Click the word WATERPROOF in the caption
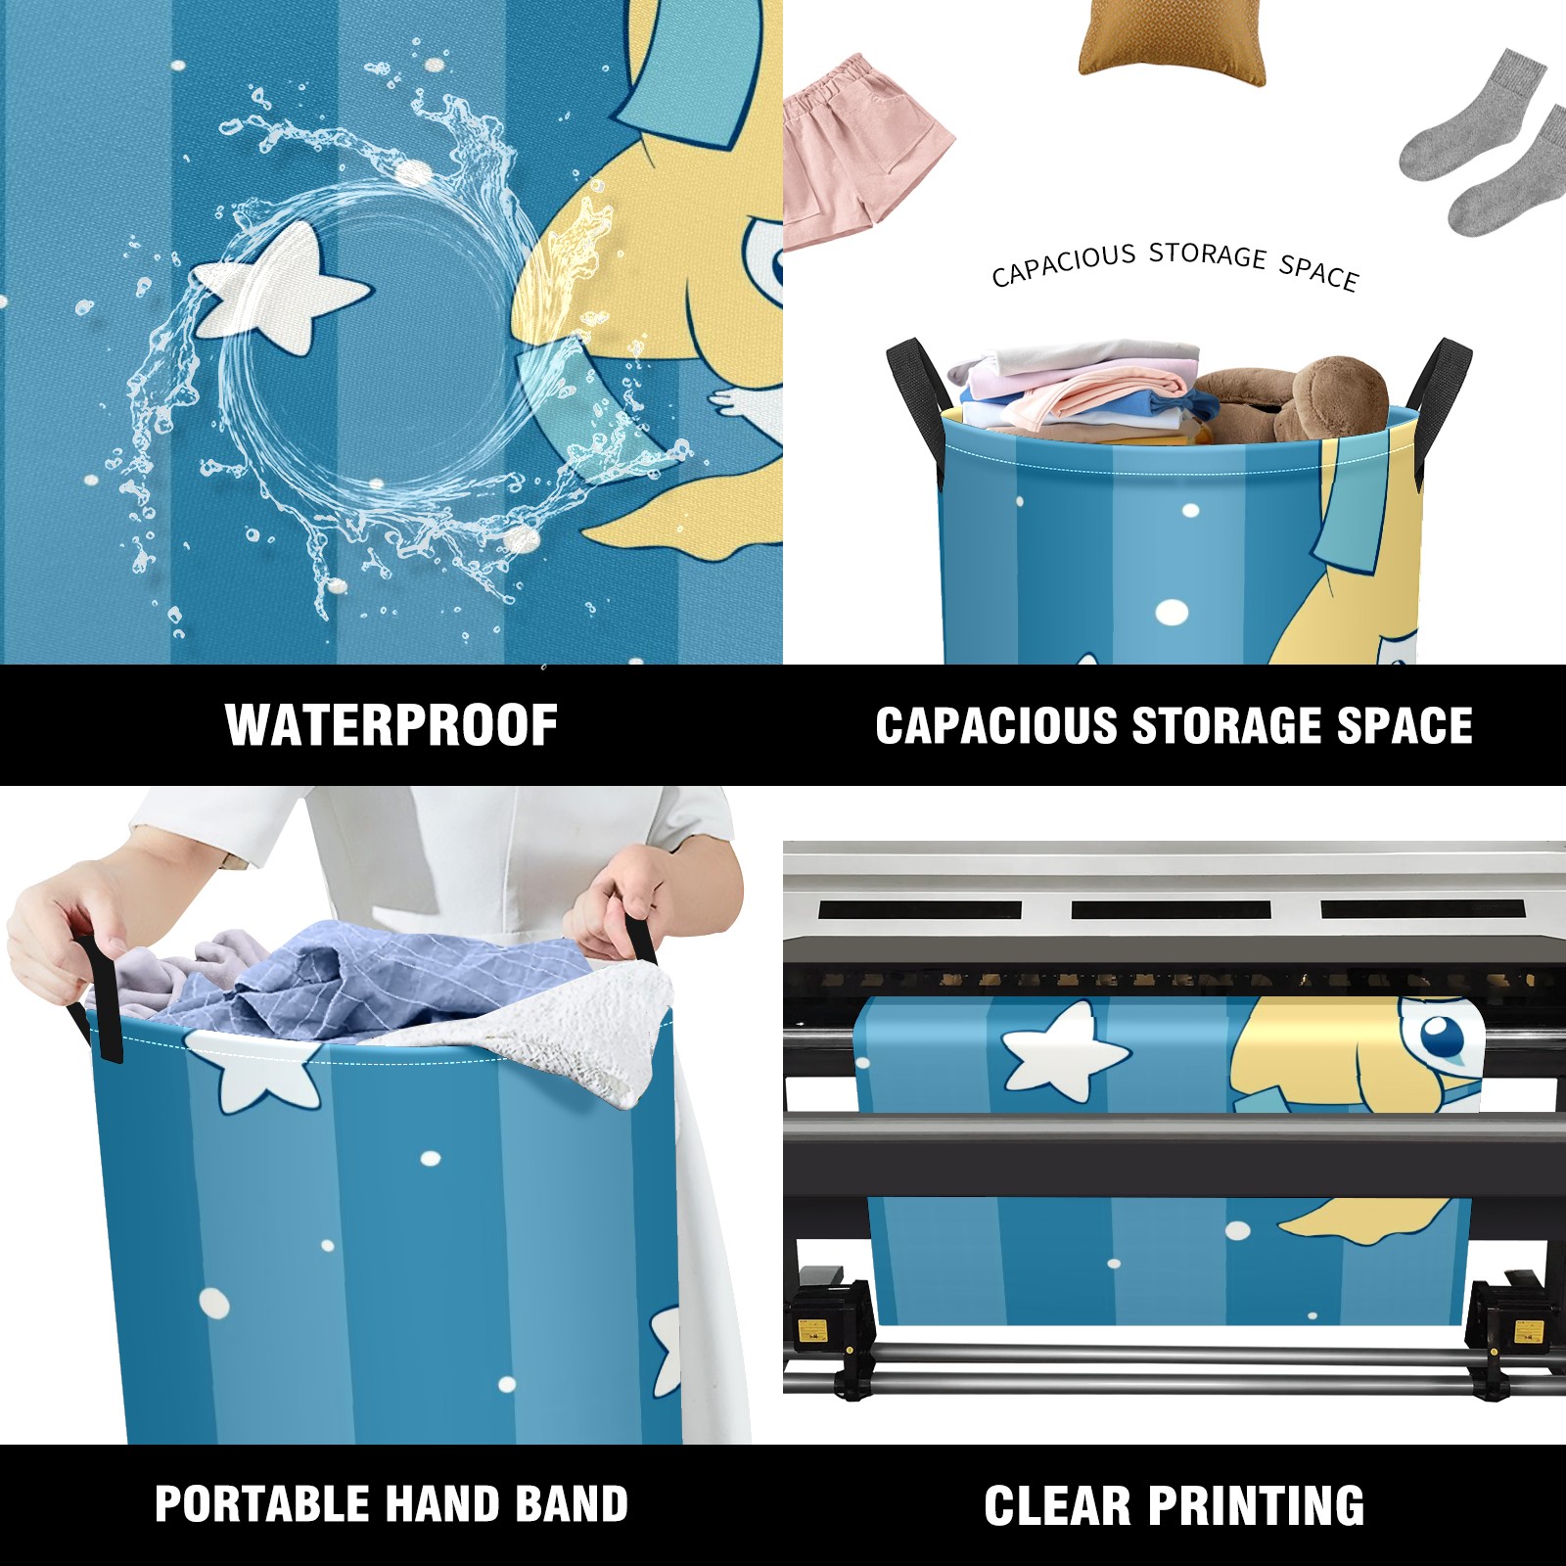[391, 725]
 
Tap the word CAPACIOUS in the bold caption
[996, 726]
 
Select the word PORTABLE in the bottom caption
[261, 1503]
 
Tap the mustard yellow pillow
[1172, 42]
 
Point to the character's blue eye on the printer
[1442, 1035]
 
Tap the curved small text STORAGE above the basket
[1207, 254]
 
